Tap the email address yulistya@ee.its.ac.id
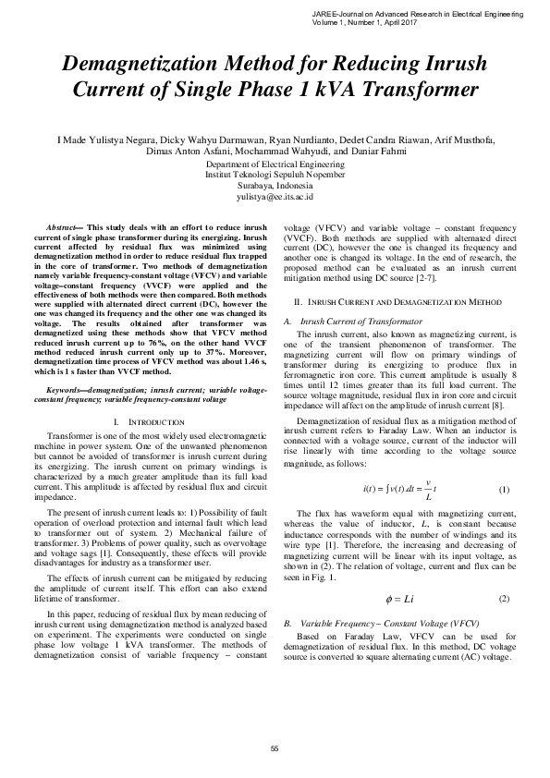pos(275,197)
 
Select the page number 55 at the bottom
pos(275,748)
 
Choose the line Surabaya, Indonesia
pos(275,185)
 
